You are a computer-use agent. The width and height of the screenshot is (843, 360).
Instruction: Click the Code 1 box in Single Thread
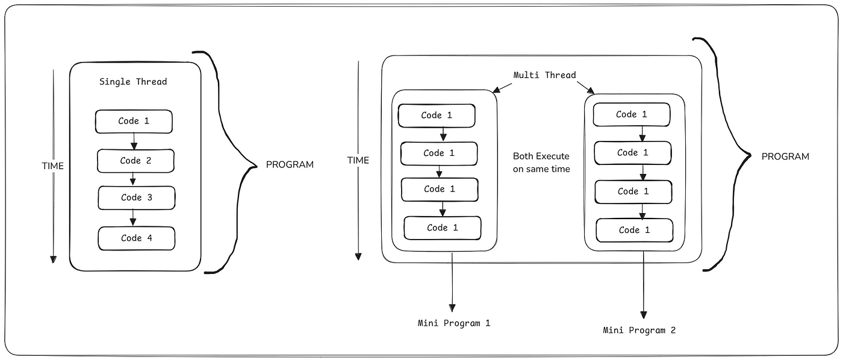[134, 121]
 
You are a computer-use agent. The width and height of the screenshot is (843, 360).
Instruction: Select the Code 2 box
[135, 161]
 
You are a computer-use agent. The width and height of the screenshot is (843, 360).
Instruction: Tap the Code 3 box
[137, 197]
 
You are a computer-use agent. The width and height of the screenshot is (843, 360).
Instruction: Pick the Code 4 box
[137, 238]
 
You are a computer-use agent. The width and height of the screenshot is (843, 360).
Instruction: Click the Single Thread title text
[133, 82]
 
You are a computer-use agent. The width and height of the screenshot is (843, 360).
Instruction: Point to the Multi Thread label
[544, 75]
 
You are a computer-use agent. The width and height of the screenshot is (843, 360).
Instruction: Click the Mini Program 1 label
[454, 323]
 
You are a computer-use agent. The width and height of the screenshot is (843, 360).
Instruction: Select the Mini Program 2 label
[639, 331]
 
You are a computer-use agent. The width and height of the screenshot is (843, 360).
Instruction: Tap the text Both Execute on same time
[541, 163]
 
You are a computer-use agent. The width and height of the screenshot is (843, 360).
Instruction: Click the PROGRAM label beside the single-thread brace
[290, 165]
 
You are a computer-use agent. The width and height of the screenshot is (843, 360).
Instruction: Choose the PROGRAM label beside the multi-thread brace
[785, 157]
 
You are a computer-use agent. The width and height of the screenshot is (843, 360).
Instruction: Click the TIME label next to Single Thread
[53, 166]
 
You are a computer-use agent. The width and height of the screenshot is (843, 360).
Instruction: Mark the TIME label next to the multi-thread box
[358, 160]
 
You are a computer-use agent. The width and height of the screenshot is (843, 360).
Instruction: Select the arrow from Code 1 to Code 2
[134, 141]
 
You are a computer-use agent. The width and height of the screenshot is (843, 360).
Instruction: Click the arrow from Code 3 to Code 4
[132, 217]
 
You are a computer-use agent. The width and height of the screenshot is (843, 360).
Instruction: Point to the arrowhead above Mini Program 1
[452, 308]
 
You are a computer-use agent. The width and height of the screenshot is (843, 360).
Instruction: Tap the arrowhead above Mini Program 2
[644, 315]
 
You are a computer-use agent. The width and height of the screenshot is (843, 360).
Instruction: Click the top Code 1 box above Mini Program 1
[437, 116]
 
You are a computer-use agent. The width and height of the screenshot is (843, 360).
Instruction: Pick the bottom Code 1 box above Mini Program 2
[635, 230]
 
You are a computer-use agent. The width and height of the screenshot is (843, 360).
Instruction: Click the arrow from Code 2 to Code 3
[132, 179]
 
